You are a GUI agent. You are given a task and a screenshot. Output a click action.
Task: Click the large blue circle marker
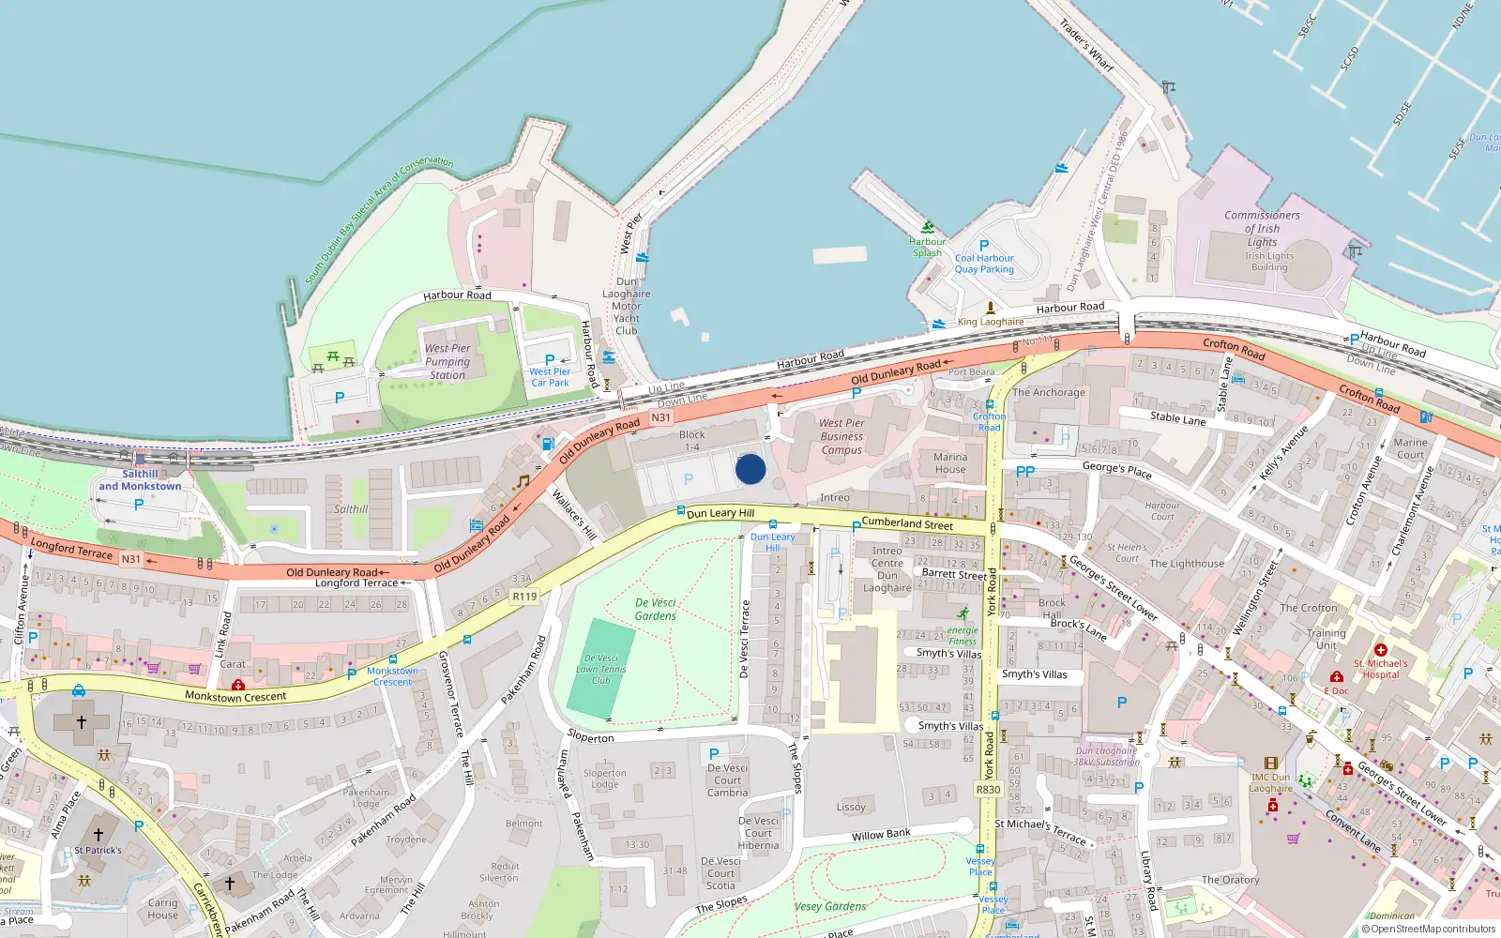click(750, 469)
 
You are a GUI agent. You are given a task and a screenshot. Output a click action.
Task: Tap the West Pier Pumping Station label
click(447, 361)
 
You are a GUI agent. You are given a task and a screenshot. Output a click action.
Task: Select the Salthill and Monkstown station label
click(140, 480)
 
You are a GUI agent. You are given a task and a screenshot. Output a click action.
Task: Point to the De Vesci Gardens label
click(655, 609)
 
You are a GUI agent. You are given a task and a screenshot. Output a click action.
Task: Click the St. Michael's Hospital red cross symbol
click(1380, 649)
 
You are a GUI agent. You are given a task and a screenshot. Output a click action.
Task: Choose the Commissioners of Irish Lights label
click(1262, 228)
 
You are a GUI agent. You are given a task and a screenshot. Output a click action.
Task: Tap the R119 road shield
click(524, 597)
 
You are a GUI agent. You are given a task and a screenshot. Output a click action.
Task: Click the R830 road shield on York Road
click(988, 790)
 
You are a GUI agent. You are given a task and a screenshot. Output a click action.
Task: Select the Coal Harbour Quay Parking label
click(984, 264)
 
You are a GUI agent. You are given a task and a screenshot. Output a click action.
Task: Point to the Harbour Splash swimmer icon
click(928, 227)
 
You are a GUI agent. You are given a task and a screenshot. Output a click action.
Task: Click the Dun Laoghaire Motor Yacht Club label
click(626, 306)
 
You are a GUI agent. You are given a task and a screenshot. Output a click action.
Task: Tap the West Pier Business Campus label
click(841, 436)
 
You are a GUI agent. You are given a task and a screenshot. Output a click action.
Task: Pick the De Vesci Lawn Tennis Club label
click(601, 669)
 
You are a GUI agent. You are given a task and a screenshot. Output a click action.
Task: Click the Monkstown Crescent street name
click(235, 697)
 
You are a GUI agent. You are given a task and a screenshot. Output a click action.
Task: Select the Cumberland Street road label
click(907, 523)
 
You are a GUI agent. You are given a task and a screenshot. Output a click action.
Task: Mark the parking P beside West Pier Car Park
click(550, 360)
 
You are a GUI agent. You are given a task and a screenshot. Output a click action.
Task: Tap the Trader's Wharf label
click(1086, 45)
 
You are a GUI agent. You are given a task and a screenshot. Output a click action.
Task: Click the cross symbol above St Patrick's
click(98, 834)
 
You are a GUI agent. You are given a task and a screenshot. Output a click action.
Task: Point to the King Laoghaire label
click(991, 322)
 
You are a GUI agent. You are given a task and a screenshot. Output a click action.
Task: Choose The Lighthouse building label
click(1187, 564)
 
